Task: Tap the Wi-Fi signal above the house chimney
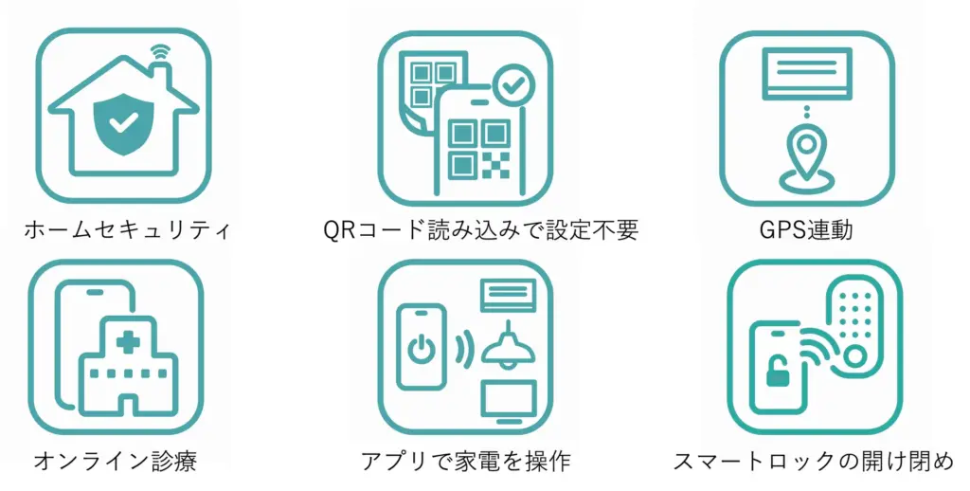pos(160,52)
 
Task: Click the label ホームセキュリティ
pos(127,230)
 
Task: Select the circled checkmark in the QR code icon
pos(512,86)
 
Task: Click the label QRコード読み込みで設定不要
pos(480,230)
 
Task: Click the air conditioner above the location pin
pos(807,74)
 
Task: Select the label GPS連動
pos(807,229)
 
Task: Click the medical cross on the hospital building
pos(128,342)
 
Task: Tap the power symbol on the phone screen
pos(422,349)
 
